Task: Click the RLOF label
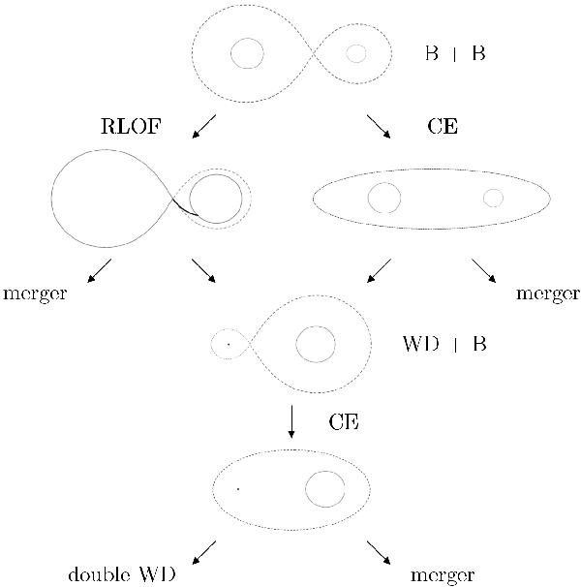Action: [x=132, y=126]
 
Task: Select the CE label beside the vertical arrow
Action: [x=344, y=422]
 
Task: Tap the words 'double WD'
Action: [x=122, y=574]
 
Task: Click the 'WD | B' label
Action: [x=444, y=343]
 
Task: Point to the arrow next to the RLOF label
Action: [x=203, y=127]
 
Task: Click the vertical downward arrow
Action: [x=291, y=421]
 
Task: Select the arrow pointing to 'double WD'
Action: [x=203, y=552]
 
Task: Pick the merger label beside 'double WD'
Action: [x=443, y=575]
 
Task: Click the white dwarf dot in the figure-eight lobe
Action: [x=229, y=344]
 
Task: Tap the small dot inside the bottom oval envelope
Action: [x=238, y=489]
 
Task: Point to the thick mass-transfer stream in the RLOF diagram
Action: [x=184, y=209]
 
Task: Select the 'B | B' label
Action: [x=455, y=53]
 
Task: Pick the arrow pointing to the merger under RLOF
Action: [x=99, y=270]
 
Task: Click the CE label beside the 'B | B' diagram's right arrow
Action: [x=443, y=126]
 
